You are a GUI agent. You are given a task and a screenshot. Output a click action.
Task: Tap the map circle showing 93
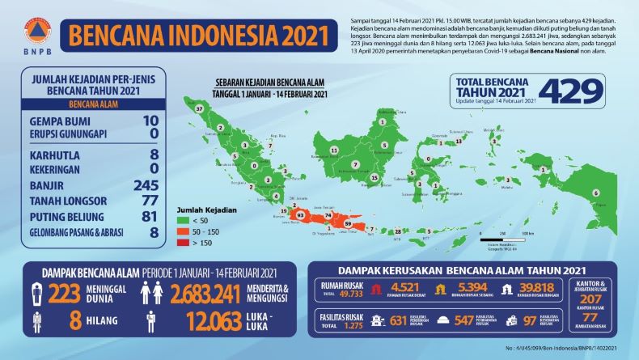301,216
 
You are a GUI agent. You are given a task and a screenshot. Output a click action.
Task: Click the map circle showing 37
200,108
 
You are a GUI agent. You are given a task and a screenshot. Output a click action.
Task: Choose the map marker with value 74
328,217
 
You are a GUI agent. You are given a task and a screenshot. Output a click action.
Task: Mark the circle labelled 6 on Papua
596,193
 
